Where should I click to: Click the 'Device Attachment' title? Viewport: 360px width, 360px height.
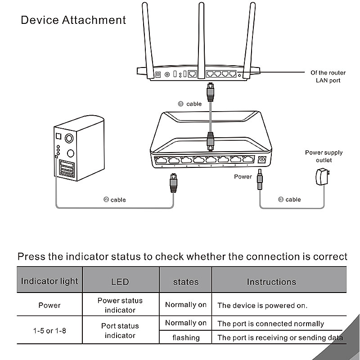click(x=73, y=20)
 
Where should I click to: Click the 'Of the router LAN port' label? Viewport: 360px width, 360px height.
click(x=328, y=76)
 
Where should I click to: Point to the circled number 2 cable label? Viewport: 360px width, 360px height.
click(x=115, y=199)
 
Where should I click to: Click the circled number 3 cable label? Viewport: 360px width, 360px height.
click(x=289, y=199)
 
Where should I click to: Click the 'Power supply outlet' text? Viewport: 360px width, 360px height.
click(x=324, y=156)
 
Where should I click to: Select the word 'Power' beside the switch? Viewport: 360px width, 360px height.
click(x=243, y=177)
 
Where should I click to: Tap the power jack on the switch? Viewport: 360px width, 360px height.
click(x=262, y=159)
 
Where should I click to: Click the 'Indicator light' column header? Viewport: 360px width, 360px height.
click(x=49, y=281)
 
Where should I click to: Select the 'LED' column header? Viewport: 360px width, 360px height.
click(x=120, y=282)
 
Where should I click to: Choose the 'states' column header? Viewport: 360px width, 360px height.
click(x=186, y=282)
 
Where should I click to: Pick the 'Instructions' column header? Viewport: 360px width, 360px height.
click(x=271, y=282)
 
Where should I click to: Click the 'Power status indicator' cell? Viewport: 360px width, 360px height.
click(x=120, y=305)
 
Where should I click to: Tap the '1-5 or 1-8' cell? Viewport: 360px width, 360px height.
click(x=49, y=331)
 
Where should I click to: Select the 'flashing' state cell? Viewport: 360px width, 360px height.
click(x=186, y=337)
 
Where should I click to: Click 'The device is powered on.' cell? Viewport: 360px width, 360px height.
click(x=262, y=306)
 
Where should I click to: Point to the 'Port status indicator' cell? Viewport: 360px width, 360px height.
click(x=120, y=331)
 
